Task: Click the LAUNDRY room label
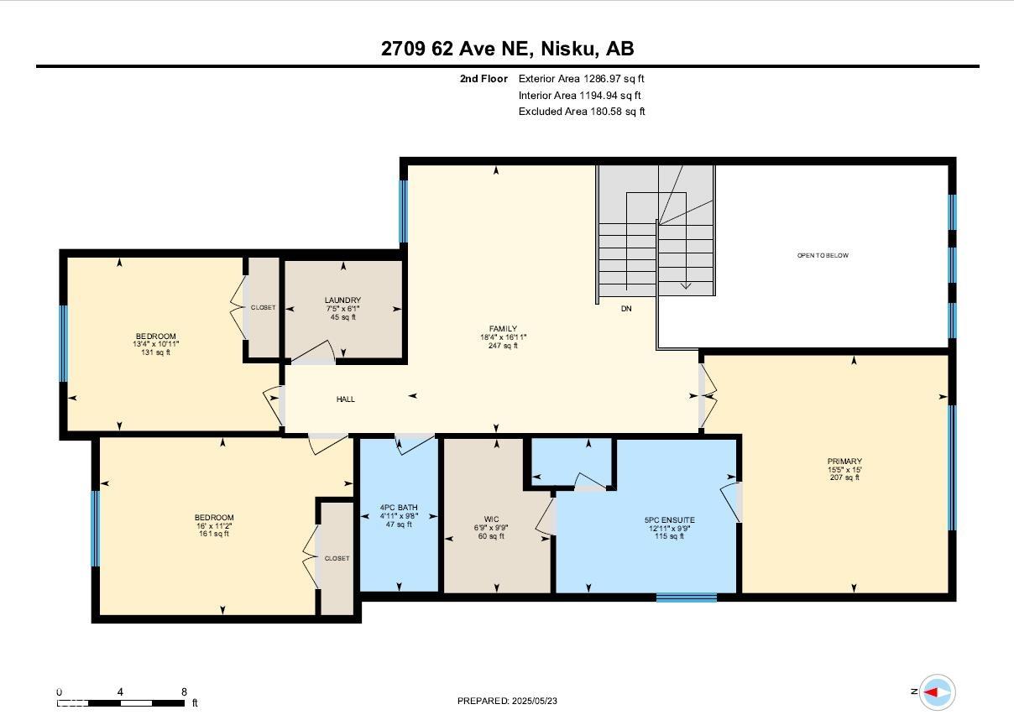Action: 342,300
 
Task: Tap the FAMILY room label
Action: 503,329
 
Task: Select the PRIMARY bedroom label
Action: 844,462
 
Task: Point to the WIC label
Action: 491,519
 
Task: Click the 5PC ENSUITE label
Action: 669,520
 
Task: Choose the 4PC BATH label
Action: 399,508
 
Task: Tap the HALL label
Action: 345,399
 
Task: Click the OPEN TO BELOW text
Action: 823,255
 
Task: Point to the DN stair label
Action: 626,309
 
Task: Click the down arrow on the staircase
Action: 686,285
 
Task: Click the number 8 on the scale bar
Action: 184,691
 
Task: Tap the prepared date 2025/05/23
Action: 534,701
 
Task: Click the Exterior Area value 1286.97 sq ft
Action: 614,79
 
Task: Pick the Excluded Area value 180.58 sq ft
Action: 618,112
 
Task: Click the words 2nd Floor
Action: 483,79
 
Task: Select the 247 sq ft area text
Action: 503,346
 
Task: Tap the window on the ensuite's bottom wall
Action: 687,597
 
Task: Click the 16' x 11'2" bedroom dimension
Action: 214,526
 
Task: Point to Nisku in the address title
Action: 568,49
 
